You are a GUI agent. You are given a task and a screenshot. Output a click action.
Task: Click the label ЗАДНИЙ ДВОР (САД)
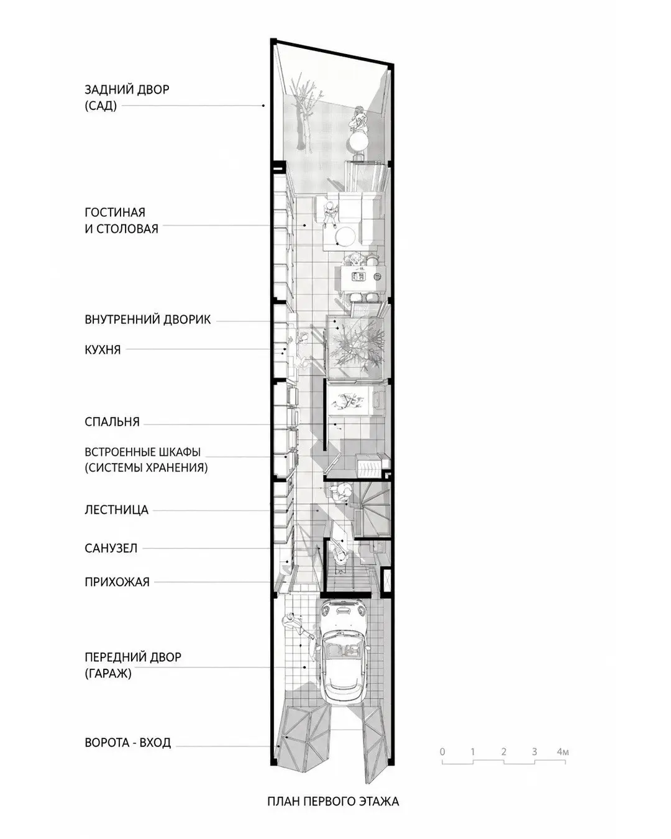click(x=127, y=98)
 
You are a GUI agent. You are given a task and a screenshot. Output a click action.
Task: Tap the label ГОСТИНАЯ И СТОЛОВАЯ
click(x=121, y=220)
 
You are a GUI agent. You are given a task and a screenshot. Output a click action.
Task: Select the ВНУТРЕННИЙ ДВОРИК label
click(x=147, y=319)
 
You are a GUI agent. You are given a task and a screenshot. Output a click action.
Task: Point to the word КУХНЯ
click(x=103, y=350)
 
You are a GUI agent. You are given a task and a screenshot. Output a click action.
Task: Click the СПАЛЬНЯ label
click(x=112, y=421)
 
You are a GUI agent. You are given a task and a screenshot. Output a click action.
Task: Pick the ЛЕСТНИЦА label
click(x=116, y=510)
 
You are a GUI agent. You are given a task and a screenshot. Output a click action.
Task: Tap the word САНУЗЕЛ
click(x=111, y=548)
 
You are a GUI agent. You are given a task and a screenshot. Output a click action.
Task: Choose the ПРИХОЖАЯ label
click(x=117, y=582)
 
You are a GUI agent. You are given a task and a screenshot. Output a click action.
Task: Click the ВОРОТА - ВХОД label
click(x=127, y=742)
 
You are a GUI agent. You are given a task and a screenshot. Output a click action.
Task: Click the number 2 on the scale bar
click(x=503, y=751)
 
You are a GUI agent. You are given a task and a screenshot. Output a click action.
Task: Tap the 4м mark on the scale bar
click(x=563, y=751)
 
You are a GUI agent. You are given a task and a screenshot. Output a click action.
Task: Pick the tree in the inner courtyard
click(x=355, y=344)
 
